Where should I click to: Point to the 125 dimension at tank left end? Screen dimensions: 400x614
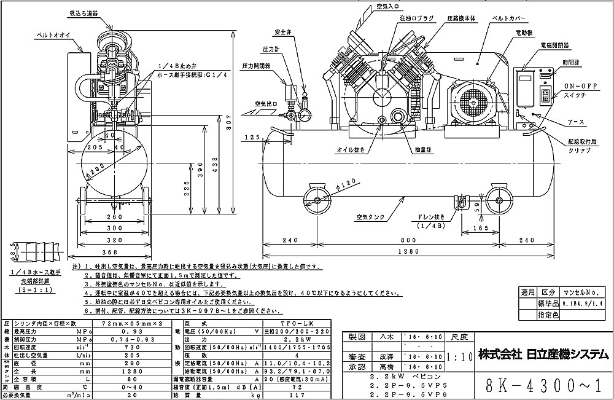pyautogui.click(x=252, y=138)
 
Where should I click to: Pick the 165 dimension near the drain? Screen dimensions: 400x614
pyautogui.click(x=480, y=229)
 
